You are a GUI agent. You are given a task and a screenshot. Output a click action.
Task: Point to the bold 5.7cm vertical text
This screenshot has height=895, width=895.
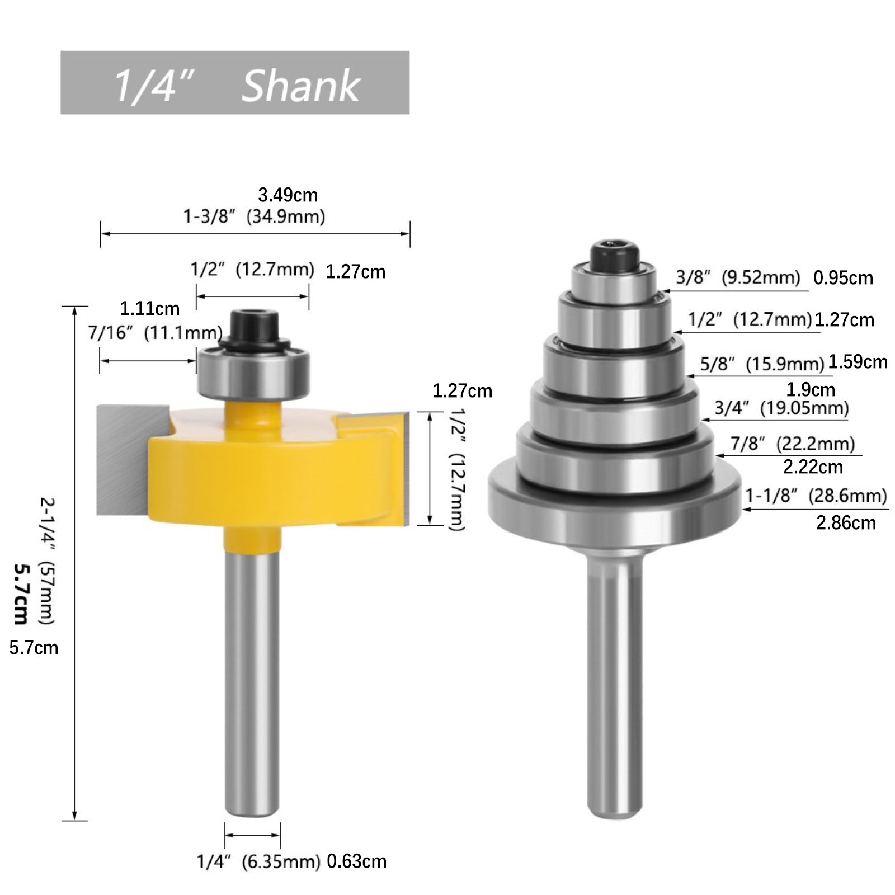(x=21, y=593)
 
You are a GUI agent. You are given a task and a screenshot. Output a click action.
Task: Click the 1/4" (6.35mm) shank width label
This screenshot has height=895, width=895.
(x=258, y=861)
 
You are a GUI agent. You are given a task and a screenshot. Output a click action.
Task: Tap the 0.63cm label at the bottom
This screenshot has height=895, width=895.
(x=356, y=861)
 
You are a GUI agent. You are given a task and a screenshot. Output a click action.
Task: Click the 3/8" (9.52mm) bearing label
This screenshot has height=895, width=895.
(x=738, y=277)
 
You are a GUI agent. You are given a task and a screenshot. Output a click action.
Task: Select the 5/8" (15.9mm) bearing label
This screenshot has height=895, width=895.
(x=762, y=364)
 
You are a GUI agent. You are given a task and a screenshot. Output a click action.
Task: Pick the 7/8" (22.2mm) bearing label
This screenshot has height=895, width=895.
(x=793, y=444)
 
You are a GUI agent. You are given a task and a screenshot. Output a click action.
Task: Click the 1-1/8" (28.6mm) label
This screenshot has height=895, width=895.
(x=816, y=496)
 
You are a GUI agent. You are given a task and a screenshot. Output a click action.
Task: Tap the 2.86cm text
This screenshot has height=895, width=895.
(x=846, y=523)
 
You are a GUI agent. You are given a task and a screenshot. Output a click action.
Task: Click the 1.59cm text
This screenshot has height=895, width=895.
(x=858, y=362)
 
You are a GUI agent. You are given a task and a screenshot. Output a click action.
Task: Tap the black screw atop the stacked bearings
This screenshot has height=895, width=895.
(x=614, y=255)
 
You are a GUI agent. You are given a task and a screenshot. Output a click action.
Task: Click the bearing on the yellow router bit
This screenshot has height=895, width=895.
(x=253, y=372)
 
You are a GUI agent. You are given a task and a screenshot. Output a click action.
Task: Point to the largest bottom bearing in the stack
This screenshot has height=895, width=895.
(x=614, y=498)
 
